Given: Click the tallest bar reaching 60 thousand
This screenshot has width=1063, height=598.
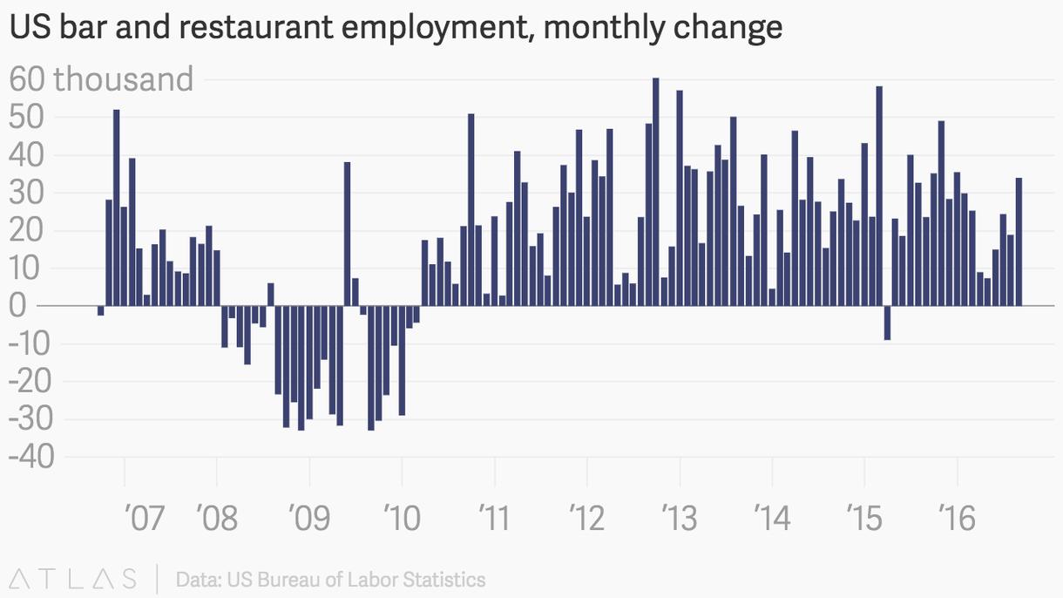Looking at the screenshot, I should click(656, 192).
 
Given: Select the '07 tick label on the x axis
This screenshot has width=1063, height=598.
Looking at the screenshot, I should click(145, 520).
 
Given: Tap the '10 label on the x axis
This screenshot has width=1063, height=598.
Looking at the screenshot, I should click(402, 520).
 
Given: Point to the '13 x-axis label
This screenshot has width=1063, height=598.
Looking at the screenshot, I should click(680, 520).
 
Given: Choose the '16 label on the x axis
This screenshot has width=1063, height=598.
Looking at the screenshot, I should click(957, 520).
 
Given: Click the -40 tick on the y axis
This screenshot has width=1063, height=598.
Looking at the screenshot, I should click(30, 457).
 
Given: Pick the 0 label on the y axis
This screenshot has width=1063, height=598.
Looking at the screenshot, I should click(20, 306).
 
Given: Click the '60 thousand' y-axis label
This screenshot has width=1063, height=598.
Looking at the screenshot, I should click(101, 79).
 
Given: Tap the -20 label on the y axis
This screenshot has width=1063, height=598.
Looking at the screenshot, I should click(30, 382).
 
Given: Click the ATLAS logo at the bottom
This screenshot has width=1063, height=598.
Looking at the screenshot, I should click(74, 579).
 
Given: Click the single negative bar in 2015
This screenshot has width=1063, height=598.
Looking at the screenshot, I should click(887, 323).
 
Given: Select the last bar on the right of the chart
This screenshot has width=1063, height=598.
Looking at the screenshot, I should click(1019, 241).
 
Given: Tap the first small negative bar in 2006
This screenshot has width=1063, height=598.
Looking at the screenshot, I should click(101, 310).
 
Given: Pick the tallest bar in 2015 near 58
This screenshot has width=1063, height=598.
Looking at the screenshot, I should click(879, 196).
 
